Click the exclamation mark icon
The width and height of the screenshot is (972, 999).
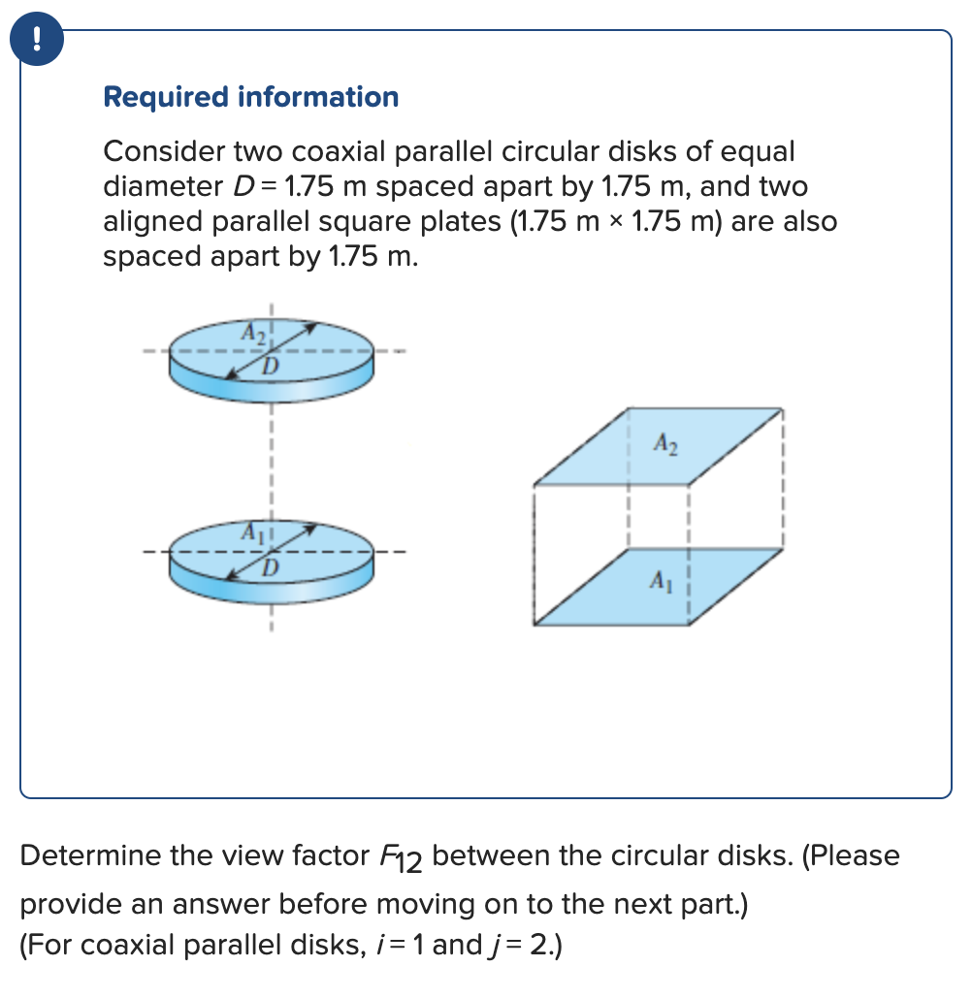pyautogui.click(x=37, y=39)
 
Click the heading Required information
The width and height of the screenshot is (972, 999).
pyautogui.click(x=250, y=97)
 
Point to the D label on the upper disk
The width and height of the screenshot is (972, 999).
pyautogui.click(x=271, y=366)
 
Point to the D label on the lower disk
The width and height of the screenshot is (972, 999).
pyautogui.click(x=271, y=565)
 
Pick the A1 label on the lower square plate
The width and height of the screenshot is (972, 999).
pyautogui.click(x=659, y=582)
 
